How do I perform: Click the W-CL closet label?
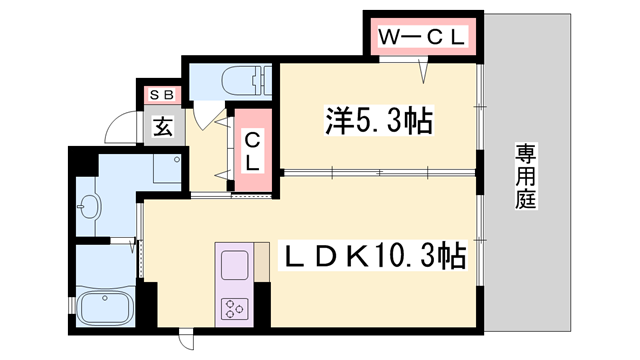tap(422, 38)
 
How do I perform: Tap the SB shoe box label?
tap(162, 95)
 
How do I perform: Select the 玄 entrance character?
tap(163, 126)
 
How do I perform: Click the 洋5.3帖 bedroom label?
tap(379, 120)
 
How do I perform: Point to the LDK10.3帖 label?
tap(373, 256)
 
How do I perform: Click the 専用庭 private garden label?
tap(525, 176)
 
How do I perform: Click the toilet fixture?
tap(245, 81)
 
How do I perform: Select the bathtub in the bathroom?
tap(104, 308)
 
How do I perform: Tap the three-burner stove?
tap(235, 309)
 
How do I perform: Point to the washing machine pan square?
tap(167, 169)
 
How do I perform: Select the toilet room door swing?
tap(207, 117)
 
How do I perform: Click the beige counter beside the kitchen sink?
tap(262, 262)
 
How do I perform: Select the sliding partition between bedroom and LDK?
tap(380, 173)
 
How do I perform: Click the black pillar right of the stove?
tap(262, 304)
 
